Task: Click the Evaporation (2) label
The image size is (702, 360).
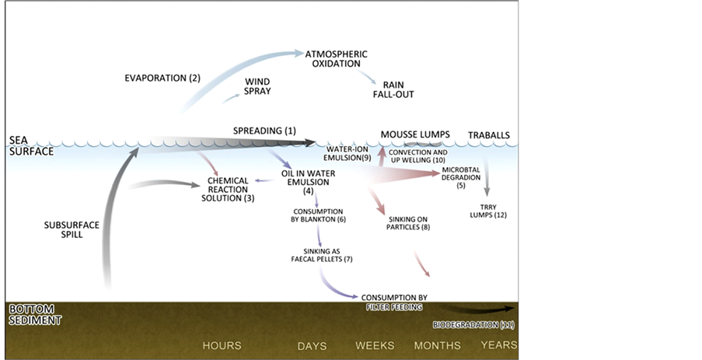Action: tap(162, 79)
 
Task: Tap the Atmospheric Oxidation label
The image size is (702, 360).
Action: tap(335, 59)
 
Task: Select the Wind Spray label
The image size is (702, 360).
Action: tap(257, 86)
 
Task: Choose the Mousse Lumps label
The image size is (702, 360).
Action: tap(415, 135)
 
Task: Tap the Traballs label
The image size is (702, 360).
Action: tap(489, 135)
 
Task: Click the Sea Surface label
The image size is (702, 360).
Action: tap(30, 145)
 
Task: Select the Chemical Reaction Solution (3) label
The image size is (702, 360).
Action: tap(227, 189)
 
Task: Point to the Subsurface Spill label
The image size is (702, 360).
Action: tap(71, 230)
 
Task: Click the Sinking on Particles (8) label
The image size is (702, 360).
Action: tap(408, 222)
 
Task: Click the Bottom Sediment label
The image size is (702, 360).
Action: tap(34, 313)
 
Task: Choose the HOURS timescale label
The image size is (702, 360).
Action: tap(222, 345)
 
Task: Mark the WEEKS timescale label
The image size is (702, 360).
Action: tap(375, 345)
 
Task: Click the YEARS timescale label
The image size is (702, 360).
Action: tap(498, 344)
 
